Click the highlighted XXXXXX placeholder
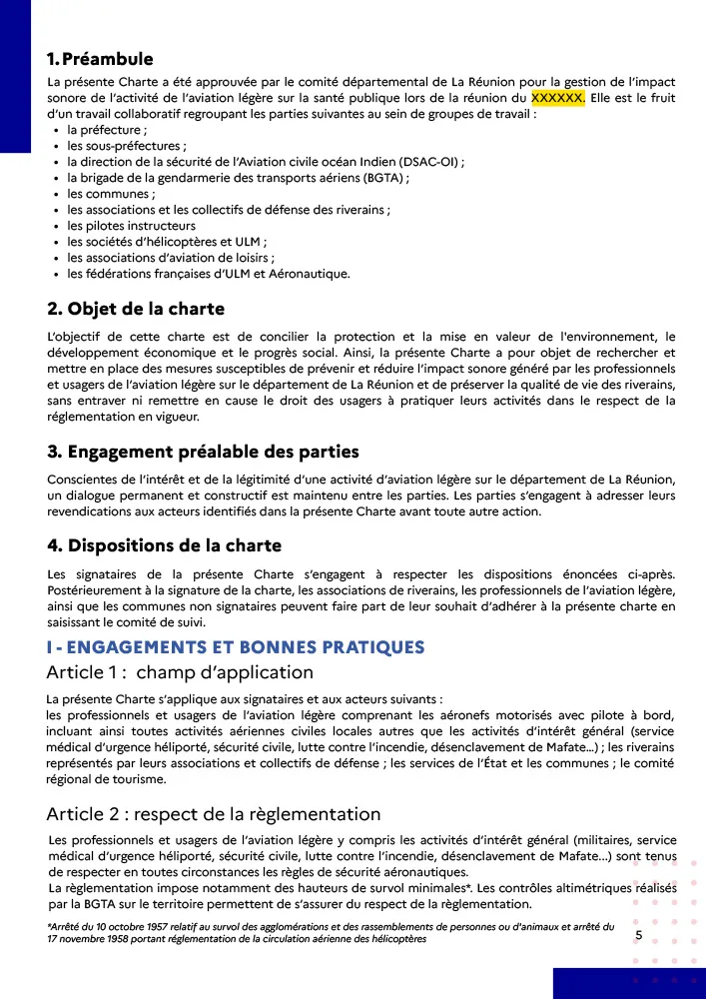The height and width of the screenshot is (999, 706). click(557, 98)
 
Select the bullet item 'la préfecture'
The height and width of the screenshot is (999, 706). click(107, 130)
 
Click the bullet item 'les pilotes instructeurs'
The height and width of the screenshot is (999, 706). click(131, 226)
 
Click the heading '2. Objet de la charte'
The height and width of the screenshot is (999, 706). click(136, 308)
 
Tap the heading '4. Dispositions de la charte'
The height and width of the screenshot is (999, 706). click(165, 545)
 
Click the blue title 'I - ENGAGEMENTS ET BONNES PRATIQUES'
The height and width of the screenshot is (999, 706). click(236, 646)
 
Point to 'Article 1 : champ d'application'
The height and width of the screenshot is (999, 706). click(180, 672)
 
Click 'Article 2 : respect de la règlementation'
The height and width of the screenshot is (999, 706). click(214, 813)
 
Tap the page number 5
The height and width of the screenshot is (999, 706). click(638, 935)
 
